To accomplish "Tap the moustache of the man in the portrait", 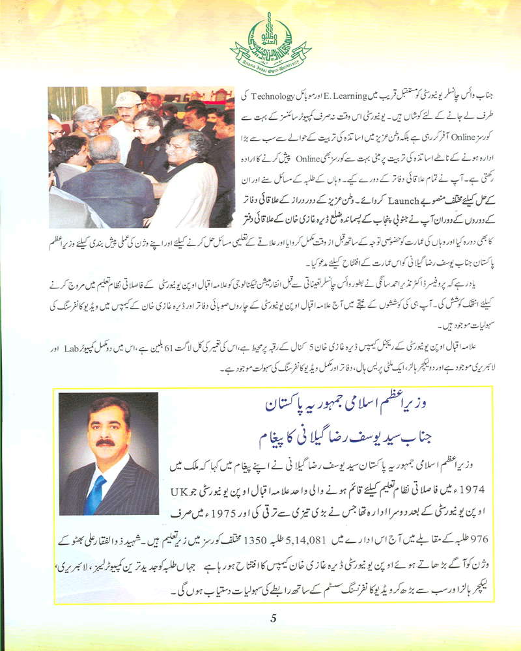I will click(106, 443).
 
